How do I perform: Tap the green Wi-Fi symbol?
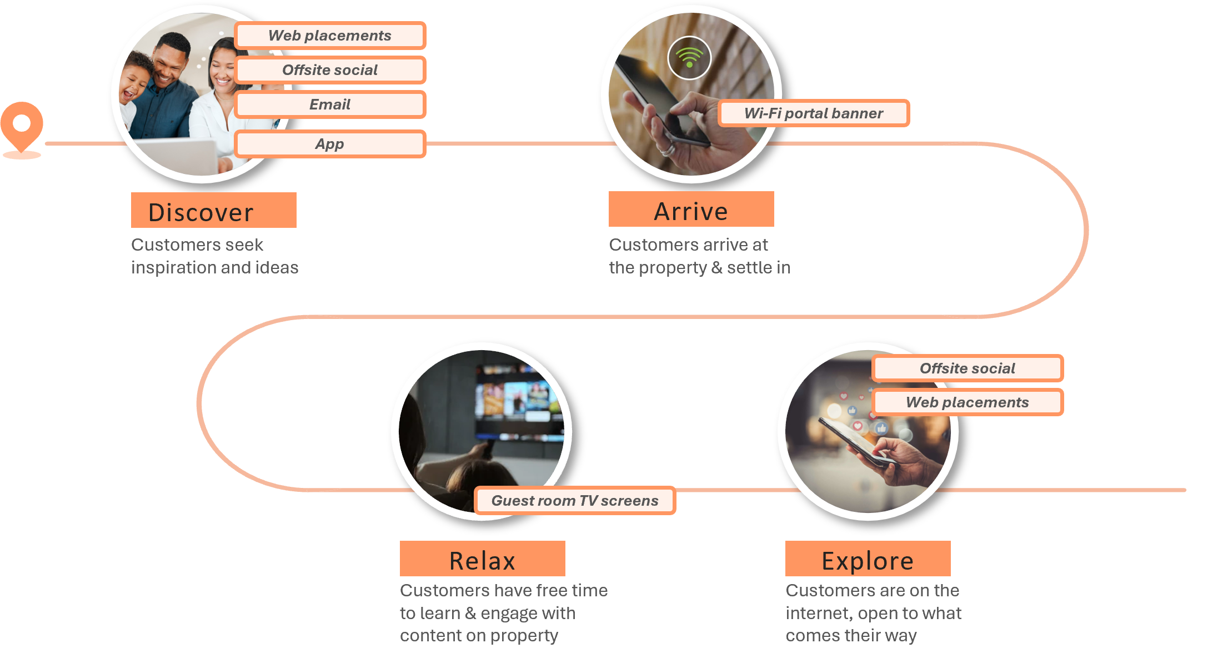tap(689, 58)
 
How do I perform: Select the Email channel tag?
tap(330, 104)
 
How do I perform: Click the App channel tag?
tap(330, 144)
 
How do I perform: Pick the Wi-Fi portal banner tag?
tap(814, 113)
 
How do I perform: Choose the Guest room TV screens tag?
tap(575, 501)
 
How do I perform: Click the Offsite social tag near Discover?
tap(330, 70)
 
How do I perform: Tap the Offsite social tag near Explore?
tap(968, 368)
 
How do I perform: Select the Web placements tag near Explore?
tap(968, 402)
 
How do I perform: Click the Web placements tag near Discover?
tap(330, 36)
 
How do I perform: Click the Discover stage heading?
tap(201, 212)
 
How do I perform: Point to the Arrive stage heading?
tap(691, 211)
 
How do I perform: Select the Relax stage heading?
tap(482, 560)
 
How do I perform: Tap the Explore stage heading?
tap(868, 561)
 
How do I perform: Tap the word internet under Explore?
tap(819, 613)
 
